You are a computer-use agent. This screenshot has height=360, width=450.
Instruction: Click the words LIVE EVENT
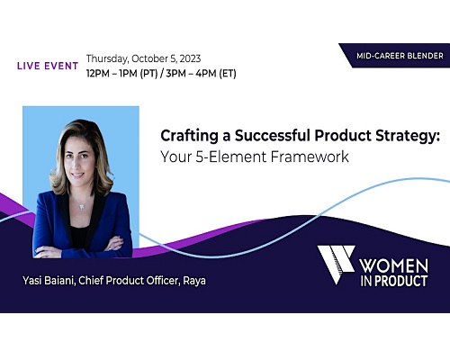(x=48, y=66)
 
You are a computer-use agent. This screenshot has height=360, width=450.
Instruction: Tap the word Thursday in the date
(x=107, y=58)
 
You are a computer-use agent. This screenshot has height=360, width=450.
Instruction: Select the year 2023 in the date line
(x=190, y=58)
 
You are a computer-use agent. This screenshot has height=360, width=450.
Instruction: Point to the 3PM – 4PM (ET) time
(x=201, y=74)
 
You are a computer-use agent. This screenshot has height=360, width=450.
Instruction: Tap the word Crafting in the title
(x=189, y=136)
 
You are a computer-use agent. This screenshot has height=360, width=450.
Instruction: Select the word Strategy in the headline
(x=408, y=136)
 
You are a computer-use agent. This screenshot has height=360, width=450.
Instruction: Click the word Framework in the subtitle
(x=310, y=157)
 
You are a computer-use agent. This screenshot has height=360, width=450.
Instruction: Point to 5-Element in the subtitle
(x=231, y=157)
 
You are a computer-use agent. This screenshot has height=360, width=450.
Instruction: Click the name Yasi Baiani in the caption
(x=49, y=281)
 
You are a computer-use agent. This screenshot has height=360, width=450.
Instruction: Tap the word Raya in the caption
(x=194, y=281)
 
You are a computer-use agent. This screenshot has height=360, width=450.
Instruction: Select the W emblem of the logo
(x=336, y=265)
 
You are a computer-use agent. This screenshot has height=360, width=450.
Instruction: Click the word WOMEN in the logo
(x=394, y=265)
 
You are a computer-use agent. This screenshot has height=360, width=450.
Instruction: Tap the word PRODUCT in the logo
(x=400, y=281)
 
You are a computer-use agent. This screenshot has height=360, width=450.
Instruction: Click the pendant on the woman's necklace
(x=81, y=206)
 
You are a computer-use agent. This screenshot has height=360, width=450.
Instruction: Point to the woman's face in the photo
(x=78, y=156)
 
